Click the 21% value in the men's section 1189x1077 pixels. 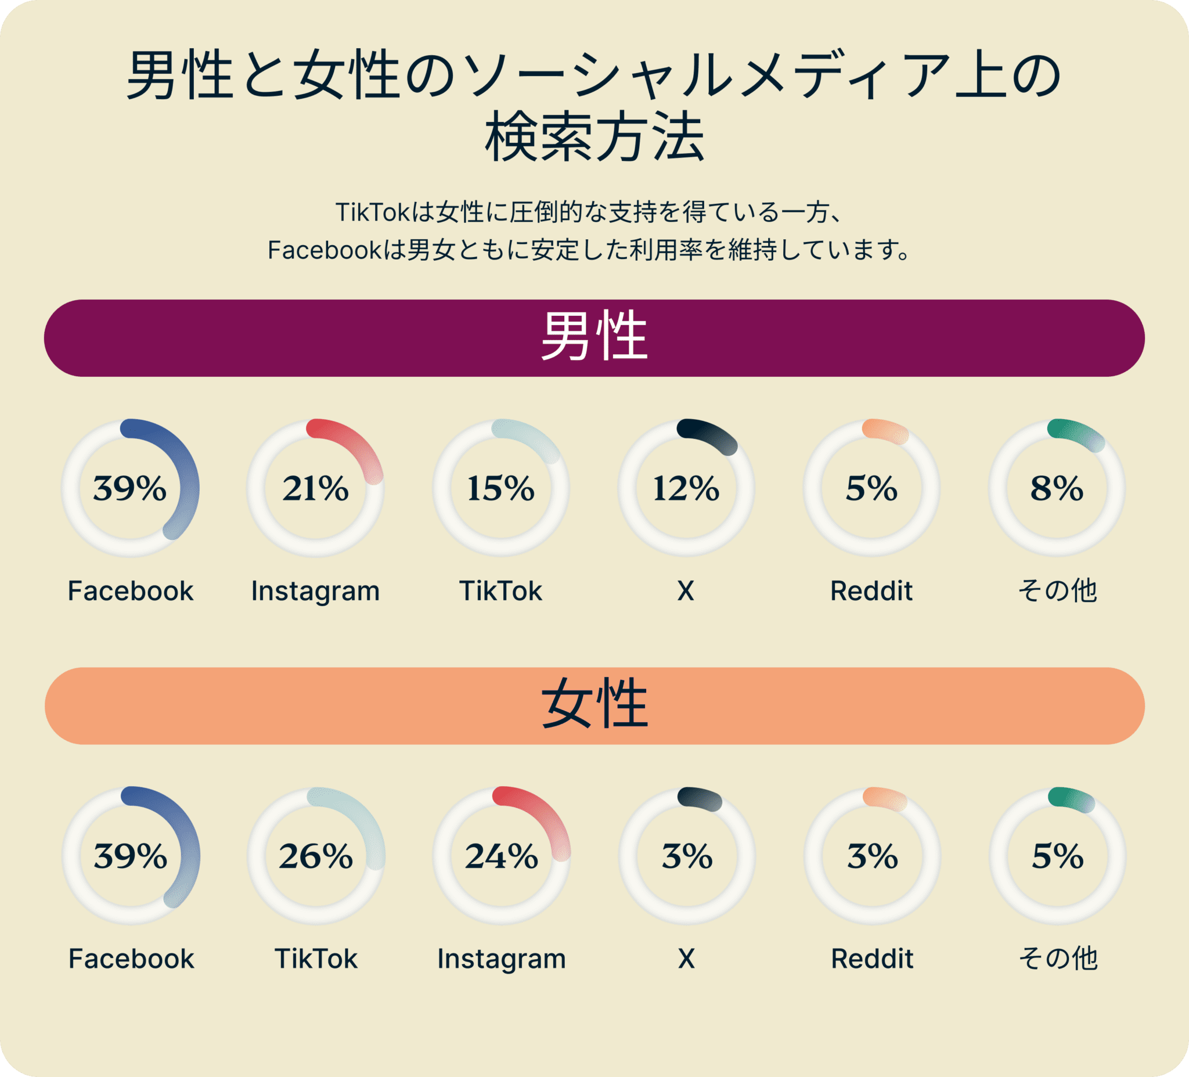tap(315, 488)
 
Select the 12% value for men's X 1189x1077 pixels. tap(686, 488)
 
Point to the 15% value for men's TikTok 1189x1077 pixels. tap(500, 488)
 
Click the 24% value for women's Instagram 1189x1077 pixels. tap(501, 856)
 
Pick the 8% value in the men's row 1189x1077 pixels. tap(1057, 488)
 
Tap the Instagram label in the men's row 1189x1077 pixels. tap(315, 591)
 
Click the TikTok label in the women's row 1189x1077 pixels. tap(316, 959)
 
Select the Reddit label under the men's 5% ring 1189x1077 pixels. tap(871, 591)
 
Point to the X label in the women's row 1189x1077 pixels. tap(686, 959)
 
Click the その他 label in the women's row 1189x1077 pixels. tap(1058, 959)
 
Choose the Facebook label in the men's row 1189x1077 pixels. tap(131, 591)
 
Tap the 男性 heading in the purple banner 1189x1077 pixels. tap(594, 337)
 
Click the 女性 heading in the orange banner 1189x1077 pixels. tap(594, 705)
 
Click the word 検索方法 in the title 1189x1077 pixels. tap(594, 139)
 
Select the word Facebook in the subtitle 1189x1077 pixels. tap(325, 250)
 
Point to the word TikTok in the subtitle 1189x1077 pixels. tap(372, 212)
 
